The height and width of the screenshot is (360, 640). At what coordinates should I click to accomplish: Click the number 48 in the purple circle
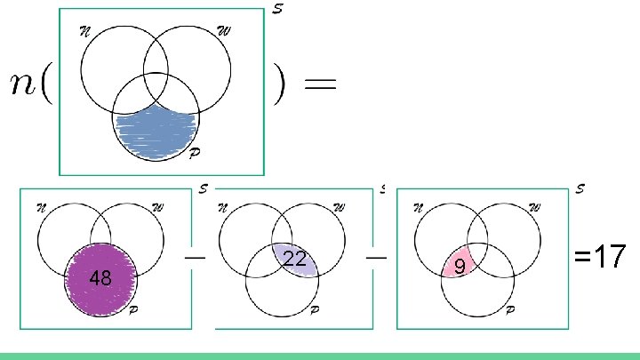point(100,279)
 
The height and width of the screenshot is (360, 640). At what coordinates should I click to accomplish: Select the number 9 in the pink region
point(459,266)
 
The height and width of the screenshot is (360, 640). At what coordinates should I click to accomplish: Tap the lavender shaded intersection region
point(296,260)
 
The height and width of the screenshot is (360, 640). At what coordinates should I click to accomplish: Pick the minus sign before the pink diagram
point(376,255)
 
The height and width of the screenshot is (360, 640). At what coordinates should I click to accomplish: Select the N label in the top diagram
point(85,30)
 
